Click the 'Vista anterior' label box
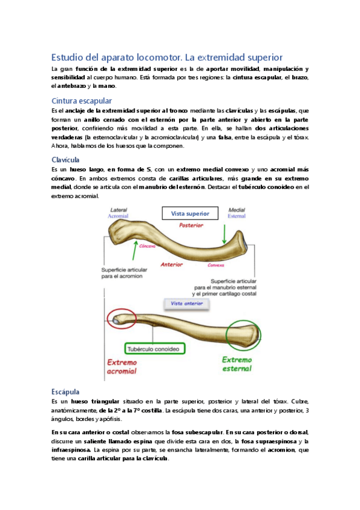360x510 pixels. pyautogui.click(x=187, y=304)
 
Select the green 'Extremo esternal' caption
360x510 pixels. pyautogui.click(x=239, y=364)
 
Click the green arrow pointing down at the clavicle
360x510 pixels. pyautogui.click(x=224, y=232)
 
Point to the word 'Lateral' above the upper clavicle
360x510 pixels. pyautogui.click(x=117, y=209)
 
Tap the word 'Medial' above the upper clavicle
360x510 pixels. pyautogui.click(x=234, y=209)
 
